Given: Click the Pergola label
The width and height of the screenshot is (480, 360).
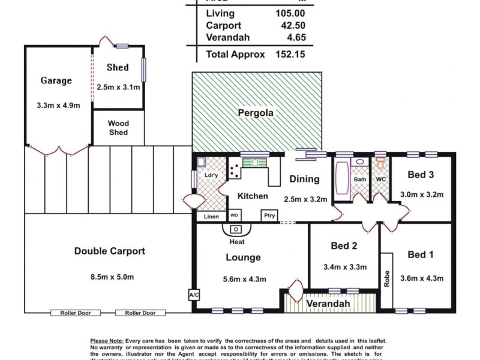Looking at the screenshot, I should click(x=256, y=112).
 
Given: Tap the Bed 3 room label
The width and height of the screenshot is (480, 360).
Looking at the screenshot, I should click(x=421, y=175).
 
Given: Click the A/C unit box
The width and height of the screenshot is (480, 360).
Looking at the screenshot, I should click(x=193, y=296).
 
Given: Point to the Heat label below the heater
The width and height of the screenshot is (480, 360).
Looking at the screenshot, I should click(x=237, y=242).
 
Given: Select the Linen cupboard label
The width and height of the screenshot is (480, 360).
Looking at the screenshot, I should click(x=211, y=217).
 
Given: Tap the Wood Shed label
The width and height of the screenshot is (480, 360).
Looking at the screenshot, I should click(x=118, y=128).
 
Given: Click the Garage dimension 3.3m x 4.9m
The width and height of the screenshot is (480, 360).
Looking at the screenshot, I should click(x=57, y=105).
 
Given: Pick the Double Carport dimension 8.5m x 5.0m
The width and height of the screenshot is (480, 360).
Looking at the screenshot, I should click(x=109, y=277).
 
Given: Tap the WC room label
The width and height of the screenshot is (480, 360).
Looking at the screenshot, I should click(x=380, y=179).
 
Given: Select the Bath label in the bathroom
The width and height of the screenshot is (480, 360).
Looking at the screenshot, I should click(x=359, y=179).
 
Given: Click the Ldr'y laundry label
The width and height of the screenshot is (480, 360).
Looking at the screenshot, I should click(x=211, y=175).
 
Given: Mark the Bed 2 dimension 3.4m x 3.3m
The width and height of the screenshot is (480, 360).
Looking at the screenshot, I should click(x=344, y=267).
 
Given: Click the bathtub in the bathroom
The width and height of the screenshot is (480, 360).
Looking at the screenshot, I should click(x=341, y=179).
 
